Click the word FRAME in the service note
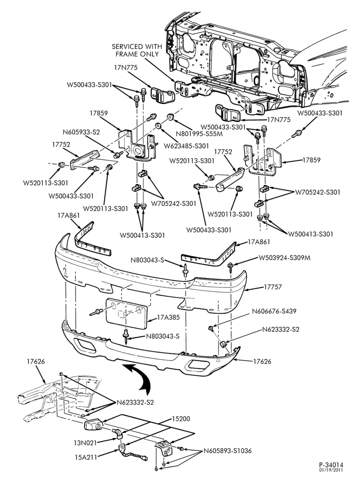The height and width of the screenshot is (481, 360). pos(128,54)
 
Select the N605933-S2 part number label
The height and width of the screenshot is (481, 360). pos(81,132)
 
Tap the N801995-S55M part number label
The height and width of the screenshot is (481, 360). pos(199,134)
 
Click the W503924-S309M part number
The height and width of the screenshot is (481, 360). pos(284,258)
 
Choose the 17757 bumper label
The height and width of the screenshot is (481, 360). pos(272,287)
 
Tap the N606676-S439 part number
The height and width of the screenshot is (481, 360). pos(274,311)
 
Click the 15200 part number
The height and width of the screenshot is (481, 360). pos(181,418)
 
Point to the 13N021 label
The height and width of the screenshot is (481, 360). pos(85,443)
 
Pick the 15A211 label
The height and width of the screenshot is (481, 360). pos(85,457)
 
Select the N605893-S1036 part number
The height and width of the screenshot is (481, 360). pos(228,451)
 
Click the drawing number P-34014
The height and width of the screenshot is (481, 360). pos(331,465)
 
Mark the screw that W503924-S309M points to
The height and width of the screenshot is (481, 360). pos(230,266)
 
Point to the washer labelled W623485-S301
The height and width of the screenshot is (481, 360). pos(158,125)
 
